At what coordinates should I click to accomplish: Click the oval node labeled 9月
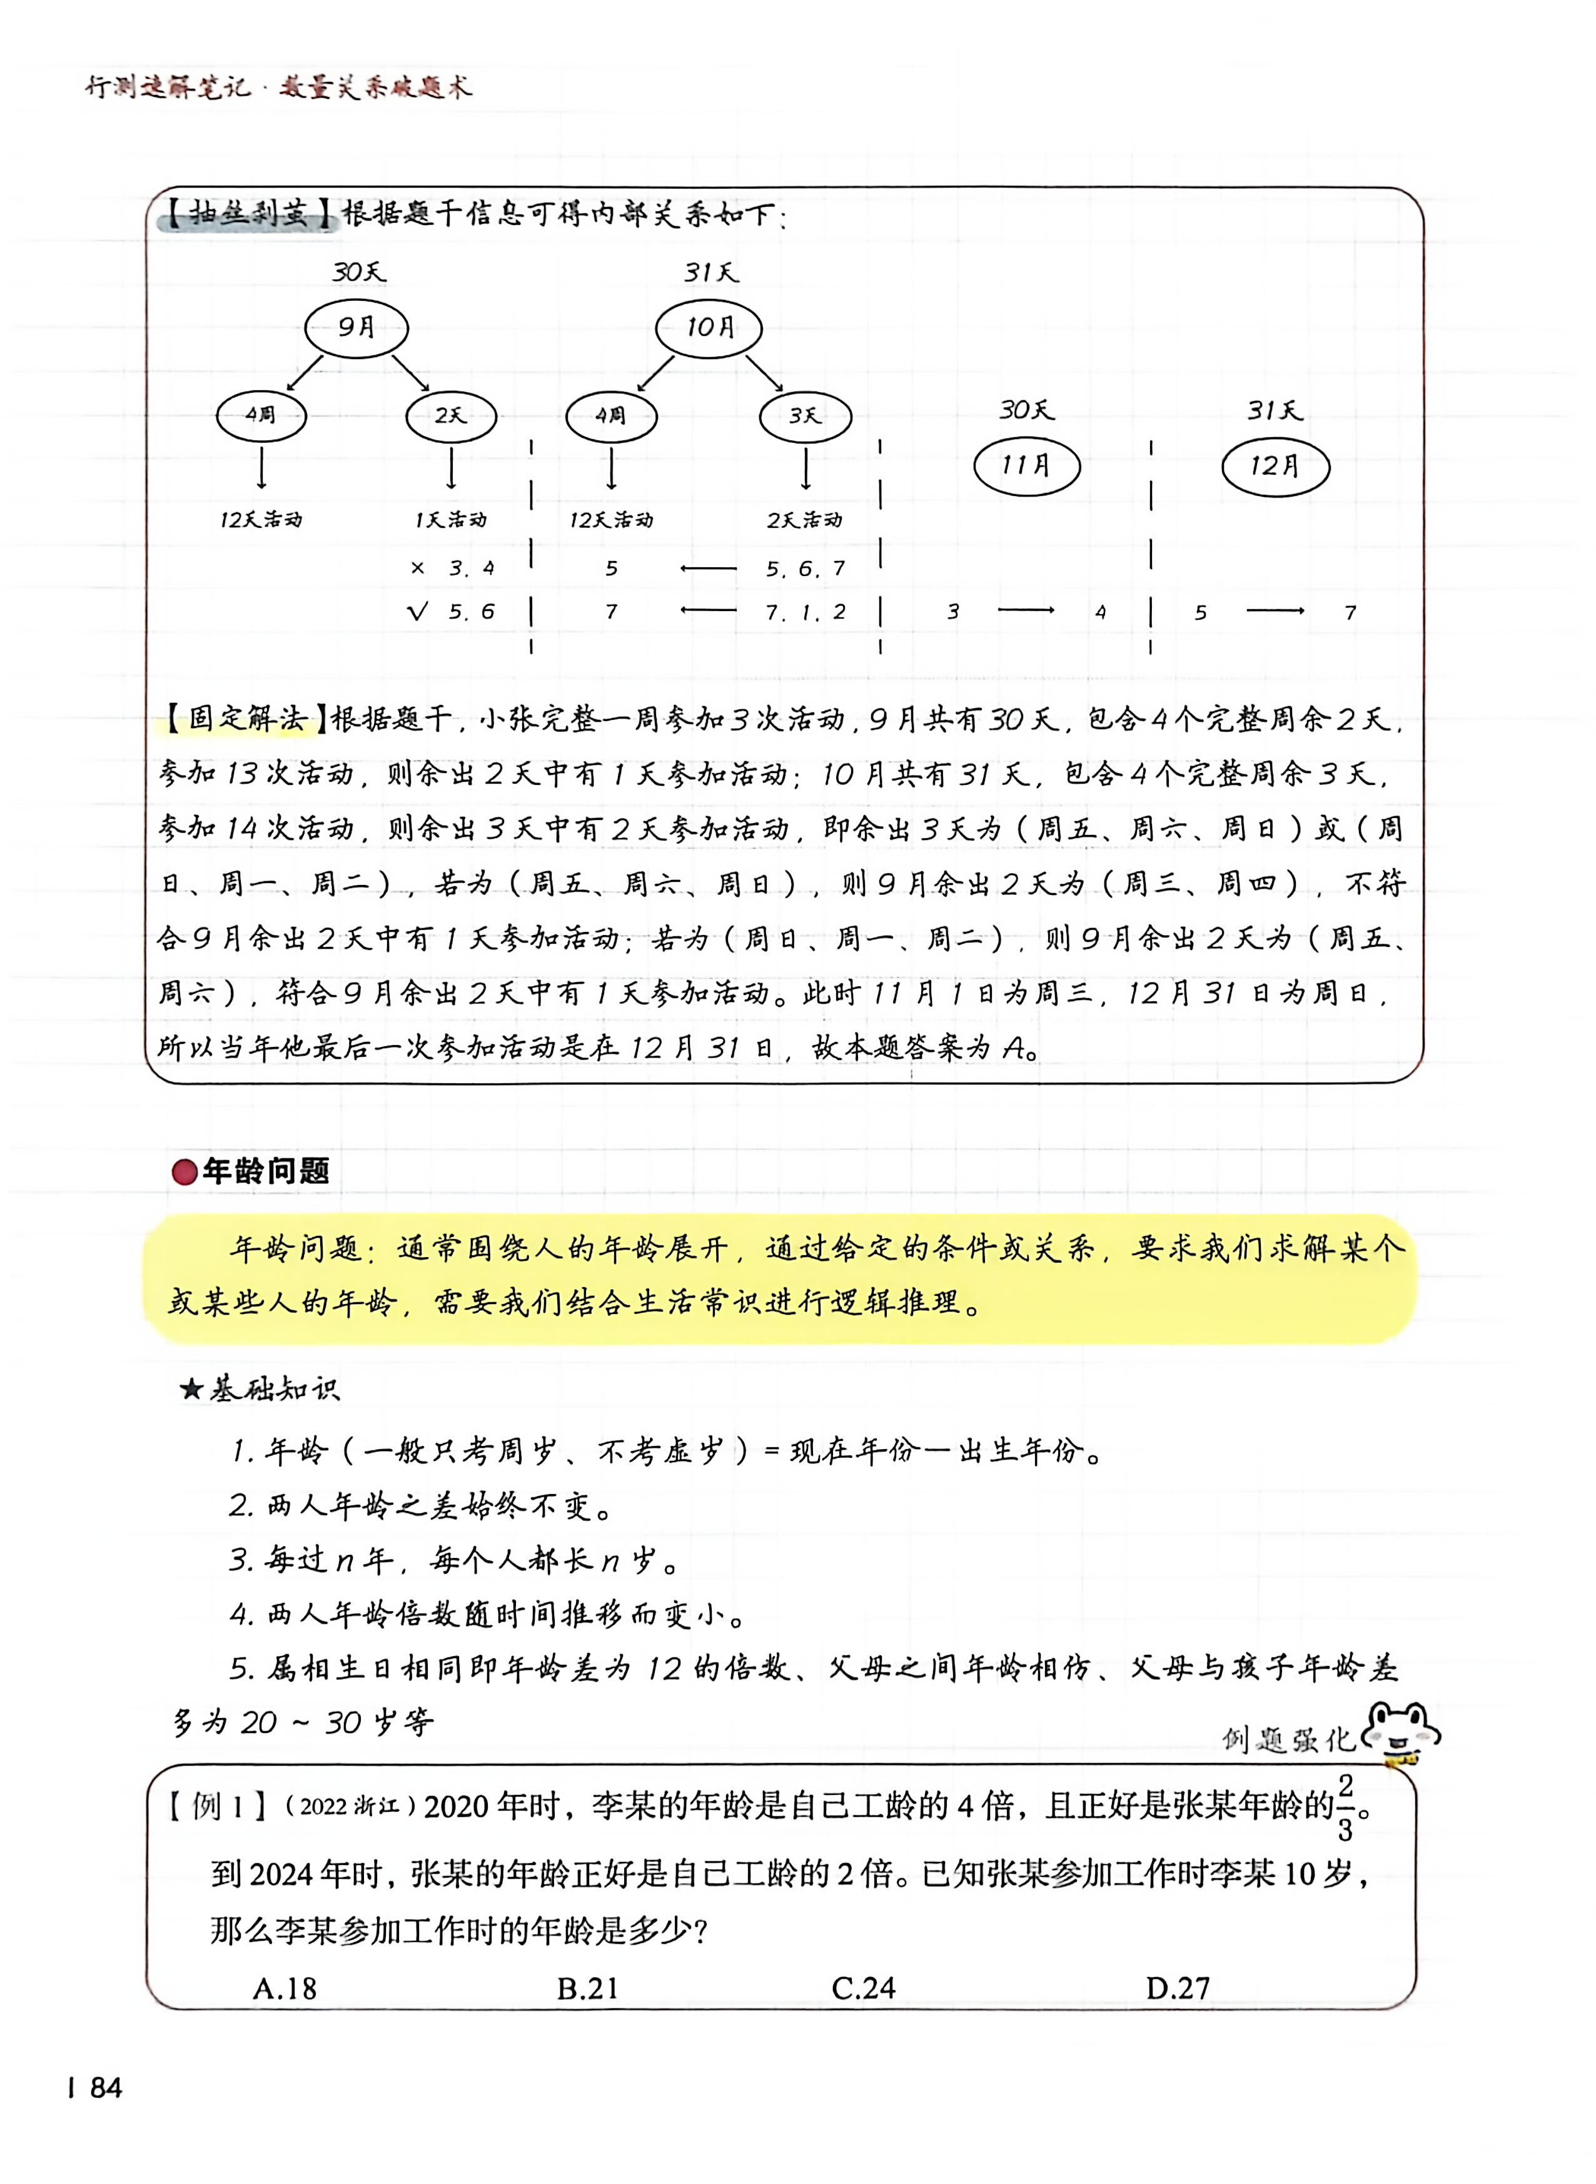(356, 328)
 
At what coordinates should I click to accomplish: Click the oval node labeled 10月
(709, 328)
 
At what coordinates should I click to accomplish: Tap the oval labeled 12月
(1275, 467)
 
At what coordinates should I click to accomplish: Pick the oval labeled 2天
(450, 417)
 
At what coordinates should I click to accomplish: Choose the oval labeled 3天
(805, 417)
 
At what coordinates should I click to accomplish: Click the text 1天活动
(450, 520)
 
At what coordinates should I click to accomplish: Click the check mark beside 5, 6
(417, 612)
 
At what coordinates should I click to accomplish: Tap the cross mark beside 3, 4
(417, 568)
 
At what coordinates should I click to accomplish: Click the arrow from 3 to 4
(1026, 610)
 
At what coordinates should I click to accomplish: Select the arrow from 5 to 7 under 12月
(1275, 610)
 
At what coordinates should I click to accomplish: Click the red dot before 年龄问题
(184, 1171)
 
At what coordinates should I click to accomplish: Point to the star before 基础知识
(191, 1390)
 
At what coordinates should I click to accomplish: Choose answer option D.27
(1178, 1988)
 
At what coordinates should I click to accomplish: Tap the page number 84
(105, 2088)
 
